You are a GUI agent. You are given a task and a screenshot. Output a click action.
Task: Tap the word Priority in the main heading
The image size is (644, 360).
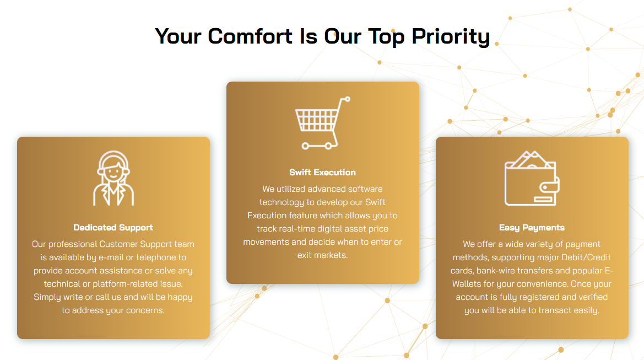point(451,37)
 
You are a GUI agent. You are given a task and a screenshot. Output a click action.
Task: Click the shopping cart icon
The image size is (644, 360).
point(323,123)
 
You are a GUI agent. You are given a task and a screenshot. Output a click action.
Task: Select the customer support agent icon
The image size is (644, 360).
point(113,178)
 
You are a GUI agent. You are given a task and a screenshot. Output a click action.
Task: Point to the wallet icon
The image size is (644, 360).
point(532,178)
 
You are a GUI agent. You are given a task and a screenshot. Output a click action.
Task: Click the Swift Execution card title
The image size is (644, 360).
point(322,173)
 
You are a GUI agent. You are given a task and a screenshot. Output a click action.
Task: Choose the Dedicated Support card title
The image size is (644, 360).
point(113,228)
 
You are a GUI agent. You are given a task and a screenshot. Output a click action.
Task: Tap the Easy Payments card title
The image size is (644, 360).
point(532,228)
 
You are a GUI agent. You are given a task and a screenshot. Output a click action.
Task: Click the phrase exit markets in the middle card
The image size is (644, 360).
point(322,255)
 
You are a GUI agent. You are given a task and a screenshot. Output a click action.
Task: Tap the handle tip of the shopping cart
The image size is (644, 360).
point(348,99)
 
